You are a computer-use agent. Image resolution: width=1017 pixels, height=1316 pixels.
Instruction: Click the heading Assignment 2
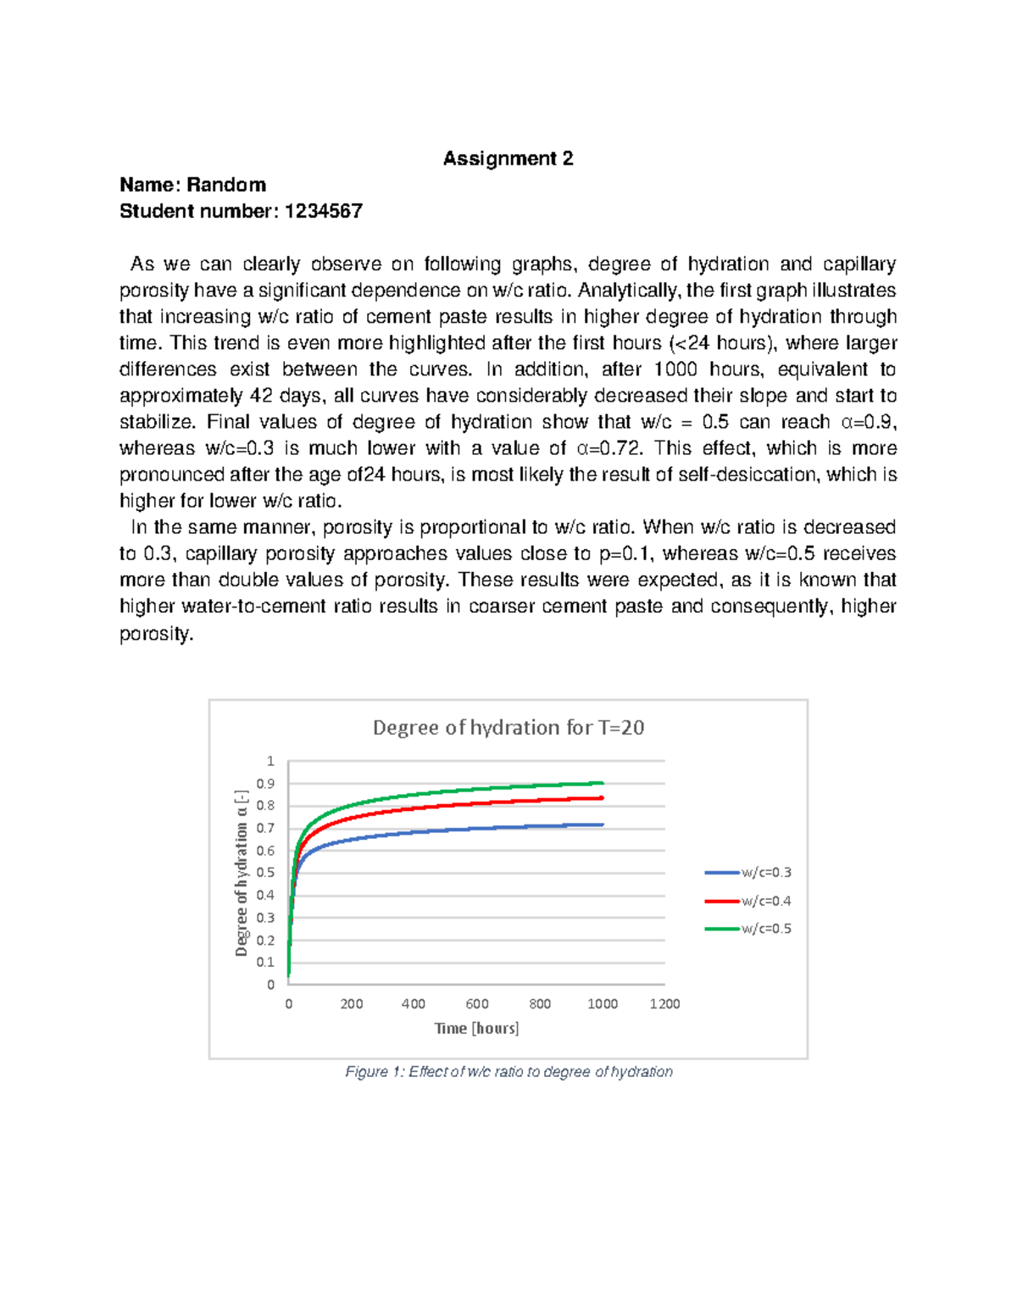[x=508, y=158]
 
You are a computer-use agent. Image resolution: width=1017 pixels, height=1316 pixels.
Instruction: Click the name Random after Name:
[x=226, y=185]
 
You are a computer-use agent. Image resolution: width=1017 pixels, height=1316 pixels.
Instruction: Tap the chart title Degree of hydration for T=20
[x=508, y=727]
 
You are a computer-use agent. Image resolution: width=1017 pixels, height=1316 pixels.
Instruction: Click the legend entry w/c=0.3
[x=765, y=872]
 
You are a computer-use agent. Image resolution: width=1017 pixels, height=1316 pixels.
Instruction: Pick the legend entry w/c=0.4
[x=765, y=901]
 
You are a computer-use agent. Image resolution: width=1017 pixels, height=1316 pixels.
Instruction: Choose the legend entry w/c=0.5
[x=765, y=929]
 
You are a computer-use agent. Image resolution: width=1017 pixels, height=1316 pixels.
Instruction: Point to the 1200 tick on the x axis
[x=664, y=1003]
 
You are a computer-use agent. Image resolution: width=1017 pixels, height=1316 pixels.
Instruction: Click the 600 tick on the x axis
[x=477, y=1003]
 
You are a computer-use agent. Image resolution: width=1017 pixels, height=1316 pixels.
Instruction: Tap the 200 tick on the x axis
[x=352, y=1003]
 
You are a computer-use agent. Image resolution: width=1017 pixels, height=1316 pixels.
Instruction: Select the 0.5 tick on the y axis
[x=265, y=873]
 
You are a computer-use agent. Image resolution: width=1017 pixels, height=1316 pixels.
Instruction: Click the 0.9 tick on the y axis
[x=265, y=784]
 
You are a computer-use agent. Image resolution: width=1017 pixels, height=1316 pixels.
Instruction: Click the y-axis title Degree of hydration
[x=242, y=873]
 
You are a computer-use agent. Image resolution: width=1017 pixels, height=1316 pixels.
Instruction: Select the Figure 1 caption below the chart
[x=508, y=1072]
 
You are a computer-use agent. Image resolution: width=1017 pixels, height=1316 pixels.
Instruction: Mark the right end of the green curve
[x=602, y=783]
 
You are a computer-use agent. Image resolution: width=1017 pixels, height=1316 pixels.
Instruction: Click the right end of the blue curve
[x=602, y=825]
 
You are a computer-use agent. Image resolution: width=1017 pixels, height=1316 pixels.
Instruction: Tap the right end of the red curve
[x=602, y=798]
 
